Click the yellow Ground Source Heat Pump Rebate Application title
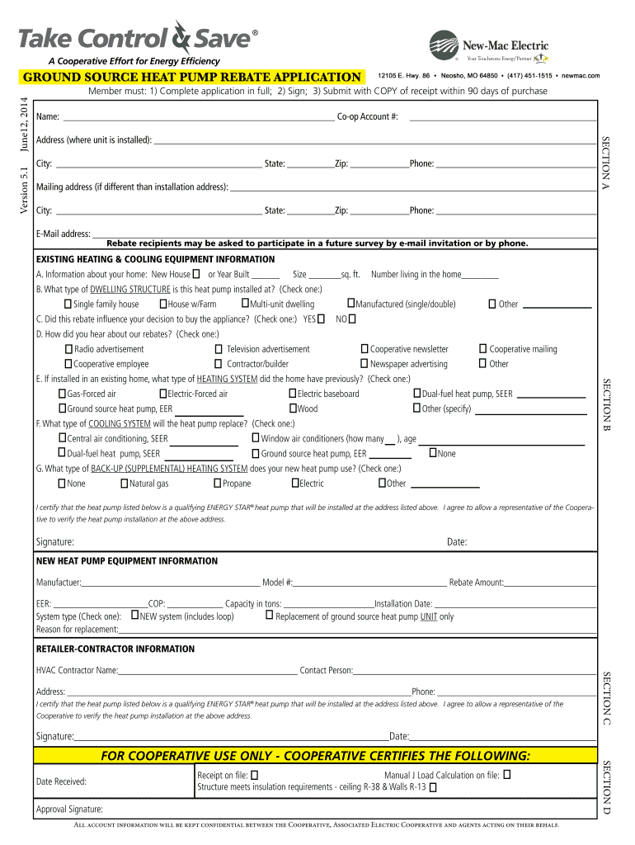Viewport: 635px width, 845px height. (191, 78)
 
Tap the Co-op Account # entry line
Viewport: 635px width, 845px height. (501, 119)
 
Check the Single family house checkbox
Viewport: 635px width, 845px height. (68, 304)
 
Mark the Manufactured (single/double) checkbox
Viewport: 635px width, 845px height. (350, 304)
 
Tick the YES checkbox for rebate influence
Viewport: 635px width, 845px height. (321, 319)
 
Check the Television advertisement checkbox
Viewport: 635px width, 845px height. (219, 349)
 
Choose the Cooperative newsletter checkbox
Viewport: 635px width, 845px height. (365, 349)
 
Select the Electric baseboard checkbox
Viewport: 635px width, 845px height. (293, 394)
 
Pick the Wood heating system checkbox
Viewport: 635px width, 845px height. (293, 408)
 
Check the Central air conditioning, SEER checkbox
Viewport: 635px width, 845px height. (63, 438)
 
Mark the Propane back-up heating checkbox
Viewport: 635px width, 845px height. (218, 484)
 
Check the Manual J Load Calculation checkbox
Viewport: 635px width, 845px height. (507, 775)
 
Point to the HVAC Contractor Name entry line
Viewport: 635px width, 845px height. (208, 672)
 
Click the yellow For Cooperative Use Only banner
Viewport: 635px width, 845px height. (315, 756)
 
